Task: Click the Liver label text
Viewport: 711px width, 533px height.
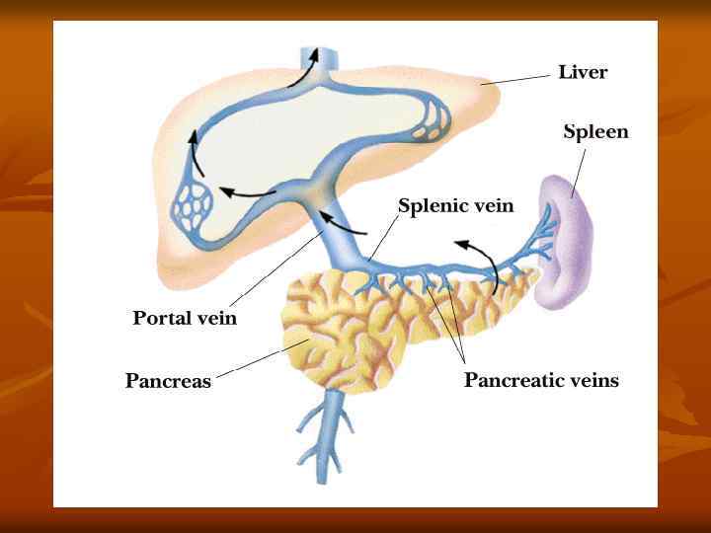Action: coord(583,72)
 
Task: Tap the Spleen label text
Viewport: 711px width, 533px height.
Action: coord(595,131)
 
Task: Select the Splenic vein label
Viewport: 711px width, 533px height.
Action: coord(455,205)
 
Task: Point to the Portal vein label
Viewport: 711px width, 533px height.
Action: coord(185,318)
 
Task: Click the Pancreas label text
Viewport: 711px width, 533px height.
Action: coord(168,380)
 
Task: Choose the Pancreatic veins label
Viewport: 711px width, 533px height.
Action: coord(541,380)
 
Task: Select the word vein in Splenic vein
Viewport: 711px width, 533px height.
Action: coord(492,205)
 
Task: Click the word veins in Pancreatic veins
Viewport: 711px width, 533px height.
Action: coord(587,380)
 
